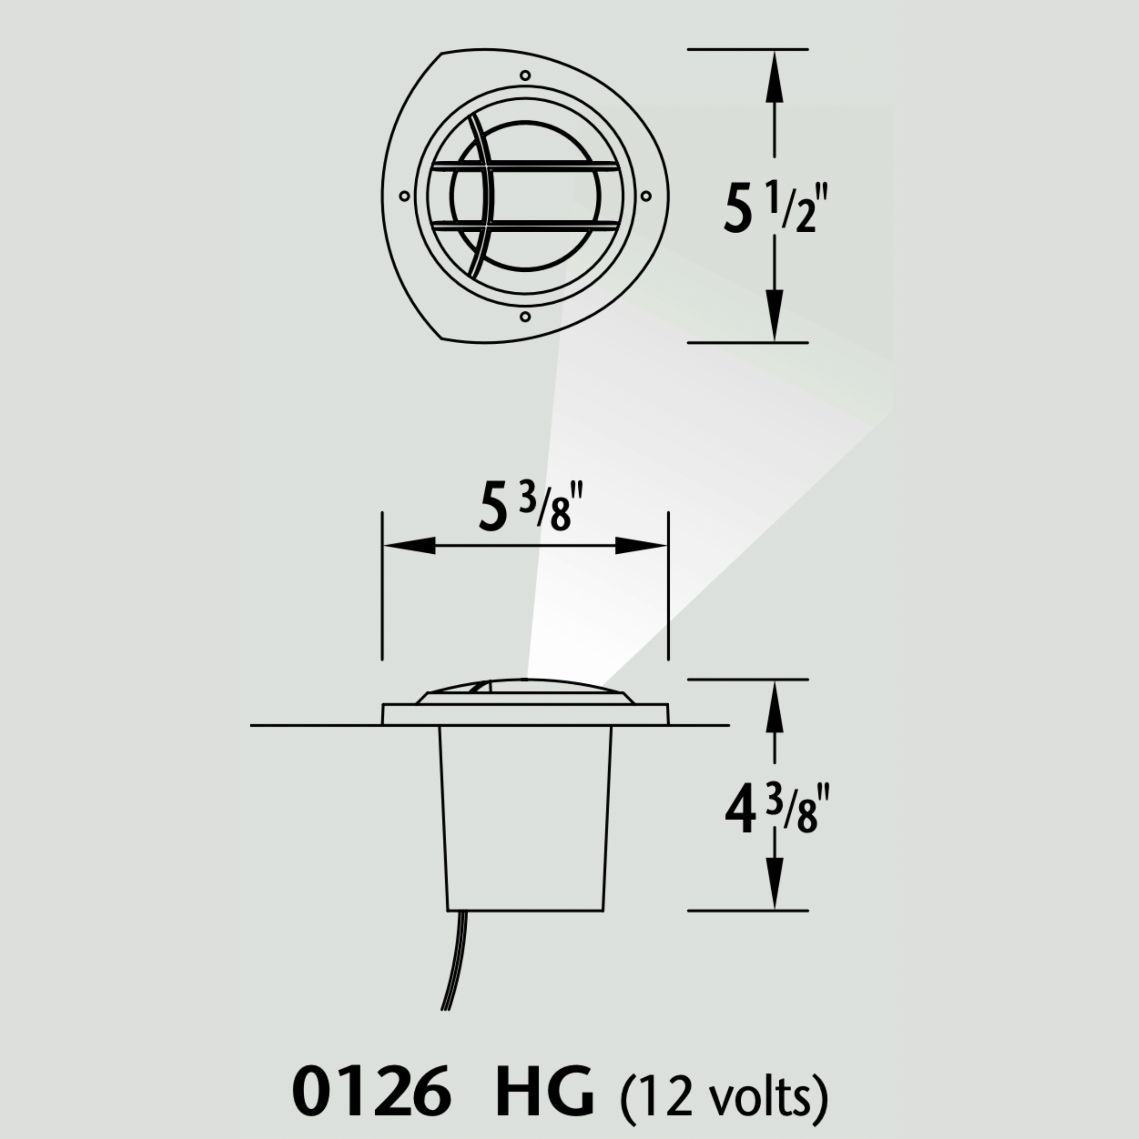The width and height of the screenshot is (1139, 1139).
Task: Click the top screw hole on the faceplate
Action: [x=525, y=75]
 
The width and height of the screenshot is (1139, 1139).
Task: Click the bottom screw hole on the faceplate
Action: [x=525, y=317]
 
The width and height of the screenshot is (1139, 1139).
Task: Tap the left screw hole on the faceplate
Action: [x=405, y=196]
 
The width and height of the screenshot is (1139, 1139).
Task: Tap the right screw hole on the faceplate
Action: [x=646, y=196]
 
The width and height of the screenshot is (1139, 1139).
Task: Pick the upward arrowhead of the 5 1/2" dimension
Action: [x=774, y=74]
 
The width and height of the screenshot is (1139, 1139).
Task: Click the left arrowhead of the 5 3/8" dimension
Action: [x=410, y=546]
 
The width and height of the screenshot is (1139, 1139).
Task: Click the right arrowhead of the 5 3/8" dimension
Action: [x=641, y=546]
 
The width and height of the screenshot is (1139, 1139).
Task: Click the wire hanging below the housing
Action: [x=454, y=961]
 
